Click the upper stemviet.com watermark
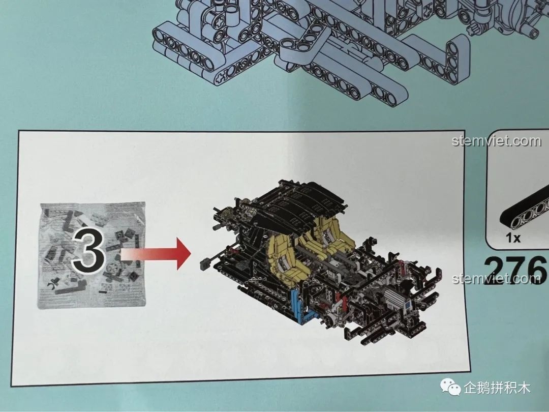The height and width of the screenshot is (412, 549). [496, 141]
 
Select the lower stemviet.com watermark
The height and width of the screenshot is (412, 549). [496, 278]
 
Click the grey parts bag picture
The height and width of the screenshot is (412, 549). [91, 254]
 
